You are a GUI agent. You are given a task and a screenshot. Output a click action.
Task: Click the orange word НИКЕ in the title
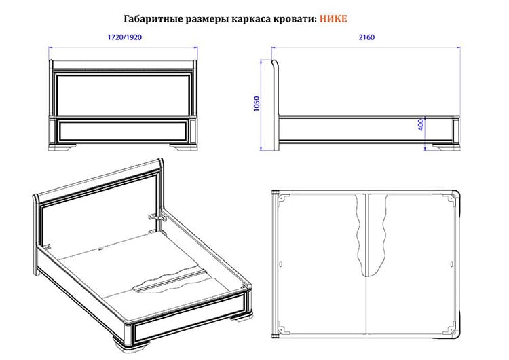tap(333, 18)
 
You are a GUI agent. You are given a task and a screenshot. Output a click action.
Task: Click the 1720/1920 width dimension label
tap(125, 37)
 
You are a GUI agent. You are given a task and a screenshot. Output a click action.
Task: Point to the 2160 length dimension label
tap(366, 37)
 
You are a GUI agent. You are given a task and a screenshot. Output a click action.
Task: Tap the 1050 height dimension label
tap(257, 104)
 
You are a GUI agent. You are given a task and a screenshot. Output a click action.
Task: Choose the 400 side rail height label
tap(421, 124)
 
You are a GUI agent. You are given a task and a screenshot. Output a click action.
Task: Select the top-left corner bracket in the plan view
tap(284, 198)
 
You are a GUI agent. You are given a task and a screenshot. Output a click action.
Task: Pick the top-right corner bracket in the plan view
tap(450, 198)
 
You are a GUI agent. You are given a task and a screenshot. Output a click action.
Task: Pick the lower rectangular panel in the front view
tap(123, 130)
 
